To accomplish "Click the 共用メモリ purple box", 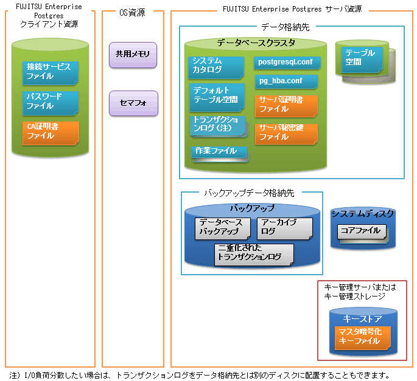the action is pos(133,55).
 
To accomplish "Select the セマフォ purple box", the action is pos(133,103).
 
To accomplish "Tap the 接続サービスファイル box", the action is pos(51,73).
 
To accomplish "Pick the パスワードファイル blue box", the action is pos(51,103).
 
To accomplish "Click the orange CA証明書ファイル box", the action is pos(51,133).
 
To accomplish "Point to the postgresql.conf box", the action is pos(287,63).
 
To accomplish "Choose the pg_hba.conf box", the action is pos(287,81).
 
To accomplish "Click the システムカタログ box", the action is pos(216,67).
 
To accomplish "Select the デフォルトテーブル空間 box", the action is pos(217,97).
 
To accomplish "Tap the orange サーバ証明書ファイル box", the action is pos(287,106).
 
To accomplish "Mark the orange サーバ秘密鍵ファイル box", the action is pos(287,134).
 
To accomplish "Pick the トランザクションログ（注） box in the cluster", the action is pos(218,126).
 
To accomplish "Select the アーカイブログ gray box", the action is pos(285,228).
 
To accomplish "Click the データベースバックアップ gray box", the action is pos(223,228).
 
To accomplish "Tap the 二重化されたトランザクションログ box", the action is pos(254,255).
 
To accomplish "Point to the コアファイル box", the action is pos(362,232).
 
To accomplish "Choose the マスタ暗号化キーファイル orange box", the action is pos(362,338).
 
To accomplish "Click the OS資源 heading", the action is pos(132,13).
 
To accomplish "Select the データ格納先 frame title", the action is pos(286,27).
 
